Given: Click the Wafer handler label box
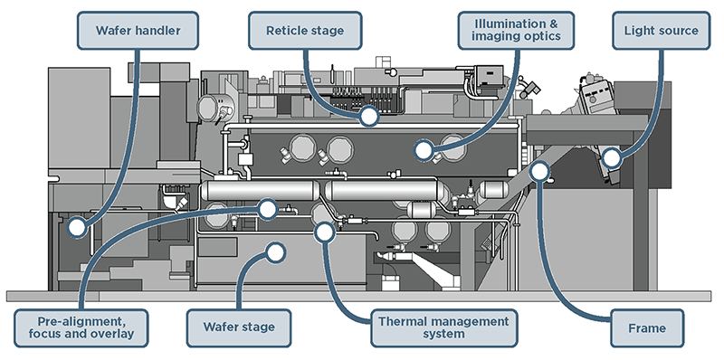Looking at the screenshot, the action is (138, 31).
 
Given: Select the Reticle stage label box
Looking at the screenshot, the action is (305, 31).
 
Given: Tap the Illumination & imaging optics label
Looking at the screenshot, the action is (516, 31).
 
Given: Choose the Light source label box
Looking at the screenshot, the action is (661, 31).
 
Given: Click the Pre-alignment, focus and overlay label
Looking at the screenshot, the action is (81, 327).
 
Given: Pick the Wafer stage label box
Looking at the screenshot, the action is (239, 327).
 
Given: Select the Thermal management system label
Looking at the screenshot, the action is (443, 327).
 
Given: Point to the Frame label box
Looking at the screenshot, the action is (647, 328).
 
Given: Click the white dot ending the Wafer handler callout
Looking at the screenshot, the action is (77, 227).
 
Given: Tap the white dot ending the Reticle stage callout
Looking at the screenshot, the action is (369, 116).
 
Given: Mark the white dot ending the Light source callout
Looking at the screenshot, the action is (612, 158).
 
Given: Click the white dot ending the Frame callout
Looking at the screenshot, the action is (539, 171).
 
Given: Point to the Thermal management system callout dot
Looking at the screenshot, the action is (325, 232).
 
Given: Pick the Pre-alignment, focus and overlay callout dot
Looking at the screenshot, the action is (267, 209).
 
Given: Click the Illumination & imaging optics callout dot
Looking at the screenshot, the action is (423, 150).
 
